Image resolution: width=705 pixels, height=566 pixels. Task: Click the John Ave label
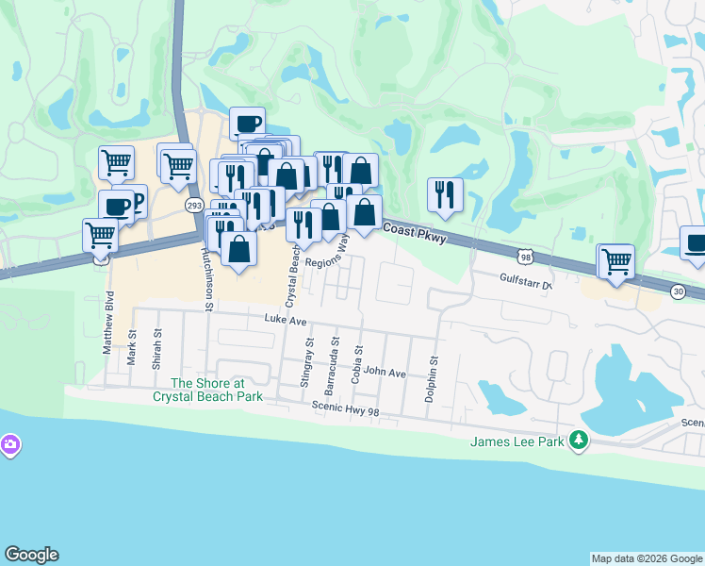coord(385,374)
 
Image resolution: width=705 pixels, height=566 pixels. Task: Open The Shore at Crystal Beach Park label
coord(207,390)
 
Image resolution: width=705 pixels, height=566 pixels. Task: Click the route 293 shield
coord(194,205)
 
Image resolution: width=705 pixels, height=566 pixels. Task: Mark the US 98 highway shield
coord(526,256)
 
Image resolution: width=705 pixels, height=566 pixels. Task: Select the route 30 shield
coord(678,292)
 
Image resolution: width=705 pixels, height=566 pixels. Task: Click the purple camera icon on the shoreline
coord(9,443)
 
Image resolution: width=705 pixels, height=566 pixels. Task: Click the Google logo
coord(31,555)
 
